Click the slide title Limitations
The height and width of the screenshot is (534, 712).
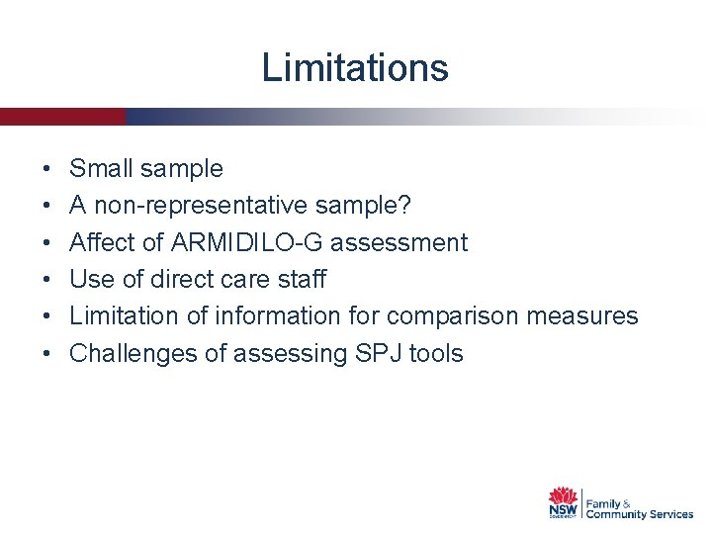pyautogui.click(x=355, y=67)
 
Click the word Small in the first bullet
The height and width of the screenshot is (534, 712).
pyautogui.click(x=101, y=169)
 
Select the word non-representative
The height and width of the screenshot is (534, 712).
pyautogui.click(x=200, y=206)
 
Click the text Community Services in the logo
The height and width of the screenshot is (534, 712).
pyautogui.click(x=639, y=514)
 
